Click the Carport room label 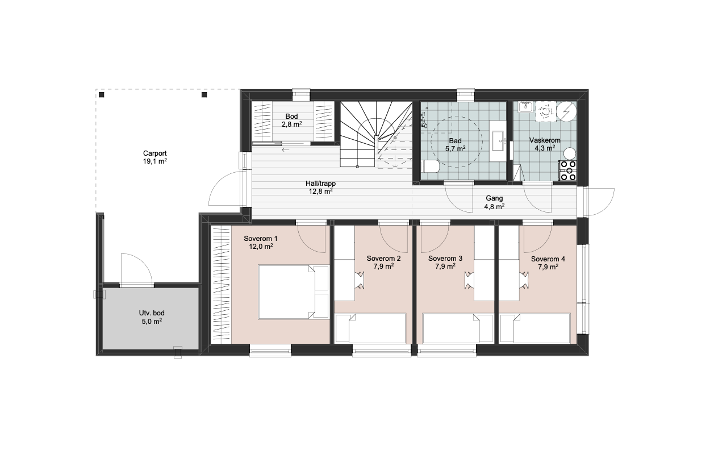tap(154, 153)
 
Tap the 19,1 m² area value tap(154, 161)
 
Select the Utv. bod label tap(152, 313)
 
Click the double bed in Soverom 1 tap(293, 292)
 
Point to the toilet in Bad tap(431, 166)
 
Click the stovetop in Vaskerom tap(567, 170)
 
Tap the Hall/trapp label tap(320, 184)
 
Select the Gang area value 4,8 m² tap(494, 206)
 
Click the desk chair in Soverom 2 tap(360, 280)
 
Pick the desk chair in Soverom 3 tap(469, 280)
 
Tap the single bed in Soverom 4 tap(534, 328)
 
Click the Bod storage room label tap(291, 116)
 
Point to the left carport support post tap(101, 94)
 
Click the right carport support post tap(204, 94)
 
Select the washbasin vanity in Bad tap(499, 145)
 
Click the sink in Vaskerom tap(526, 107)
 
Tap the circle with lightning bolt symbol tap(566, 111)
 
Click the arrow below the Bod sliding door tap(285, 149)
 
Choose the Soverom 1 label tap(261, 239)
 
